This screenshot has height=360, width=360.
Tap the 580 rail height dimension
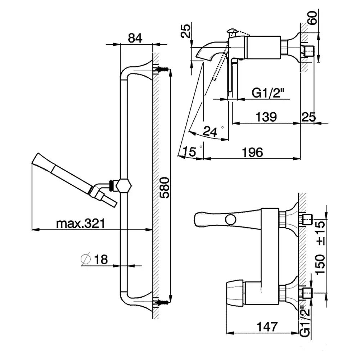pos(165,187)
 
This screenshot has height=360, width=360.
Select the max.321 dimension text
pos(81,223)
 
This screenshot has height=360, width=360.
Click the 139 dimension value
pos(266,117)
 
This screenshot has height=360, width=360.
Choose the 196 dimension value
pos(252,152)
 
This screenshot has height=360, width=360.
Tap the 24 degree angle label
pos(210,131)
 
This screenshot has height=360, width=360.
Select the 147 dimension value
pos(267,327)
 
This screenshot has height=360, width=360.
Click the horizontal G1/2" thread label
pos(268,93)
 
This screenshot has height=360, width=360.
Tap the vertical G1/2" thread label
pos(305,321)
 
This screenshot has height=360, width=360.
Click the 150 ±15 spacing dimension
pos(320,248)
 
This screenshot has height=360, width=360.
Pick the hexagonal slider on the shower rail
pos(124,185)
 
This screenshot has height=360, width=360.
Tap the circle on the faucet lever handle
pos(230,220)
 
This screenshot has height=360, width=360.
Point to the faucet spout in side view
pos(211,50)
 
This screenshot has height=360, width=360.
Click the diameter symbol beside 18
pos(86,260)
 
